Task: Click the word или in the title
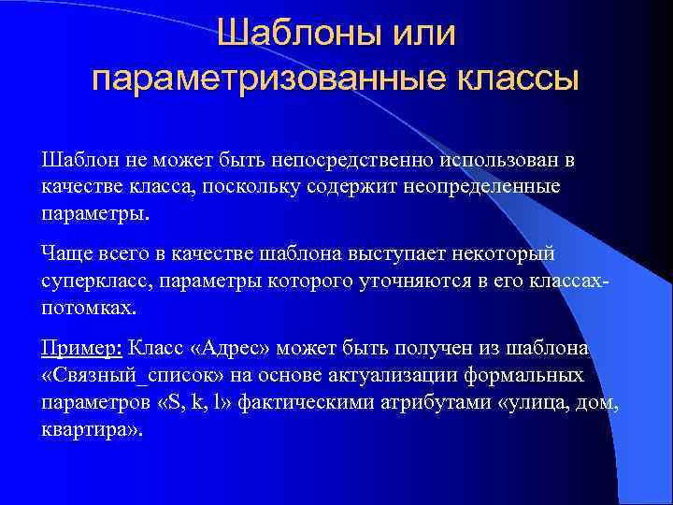pyautogui.click(x=420, y=36)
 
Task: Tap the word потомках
pyautogui.click(x=88, y=307)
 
